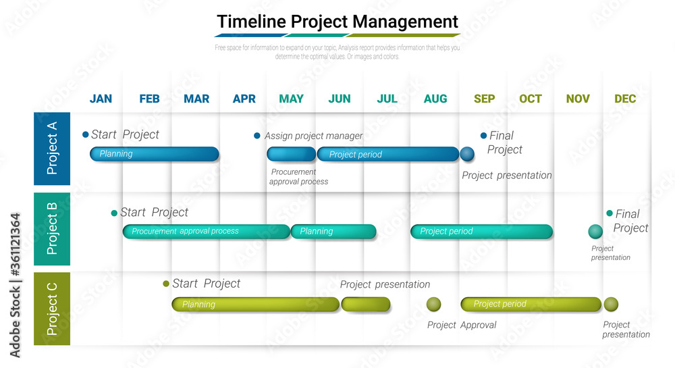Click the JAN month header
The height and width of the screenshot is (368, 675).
(x=101, y=99)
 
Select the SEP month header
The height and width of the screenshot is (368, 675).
(x=484, y=99)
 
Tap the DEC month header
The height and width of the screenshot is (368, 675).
(x=625, y=99)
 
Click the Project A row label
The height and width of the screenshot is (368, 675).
(x=52, y=149)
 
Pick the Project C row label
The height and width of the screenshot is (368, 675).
(x=52, y=309)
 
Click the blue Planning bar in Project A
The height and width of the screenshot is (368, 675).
(x=155, y=154)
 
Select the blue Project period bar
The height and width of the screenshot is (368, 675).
(x=387, y=155)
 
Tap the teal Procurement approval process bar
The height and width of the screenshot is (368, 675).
(x=206, y=232)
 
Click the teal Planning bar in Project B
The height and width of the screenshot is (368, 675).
(x=333, y=232)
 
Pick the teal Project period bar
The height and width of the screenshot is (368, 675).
(x=481, y=232)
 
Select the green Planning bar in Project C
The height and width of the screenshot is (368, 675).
(x=255, y=305)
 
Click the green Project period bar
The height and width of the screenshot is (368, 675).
(x=531, y=305)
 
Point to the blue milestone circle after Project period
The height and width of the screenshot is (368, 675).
(x=467, y=154)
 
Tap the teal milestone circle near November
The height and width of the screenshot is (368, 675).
(x=595, y=232)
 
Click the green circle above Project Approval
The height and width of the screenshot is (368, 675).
(x=434, y=305)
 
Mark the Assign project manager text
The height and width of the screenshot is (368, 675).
(x=313, y=136)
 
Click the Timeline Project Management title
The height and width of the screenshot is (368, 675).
(x=337, y=22)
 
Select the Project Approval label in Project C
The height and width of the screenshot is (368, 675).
(x=462, y=325)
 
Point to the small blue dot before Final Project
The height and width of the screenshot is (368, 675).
(x=483, y=135)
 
